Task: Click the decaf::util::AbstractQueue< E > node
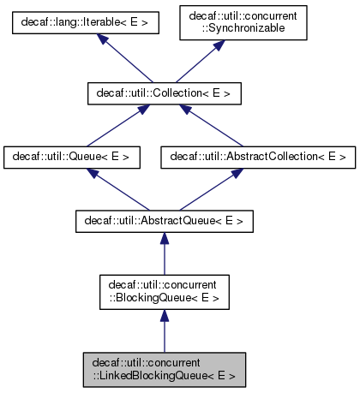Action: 164,221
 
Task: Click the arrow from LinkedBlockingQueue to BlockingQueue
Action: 164,330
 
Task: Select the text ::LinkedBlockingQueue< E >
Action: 164,374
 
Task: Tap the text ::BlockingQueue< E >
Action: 164,297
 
